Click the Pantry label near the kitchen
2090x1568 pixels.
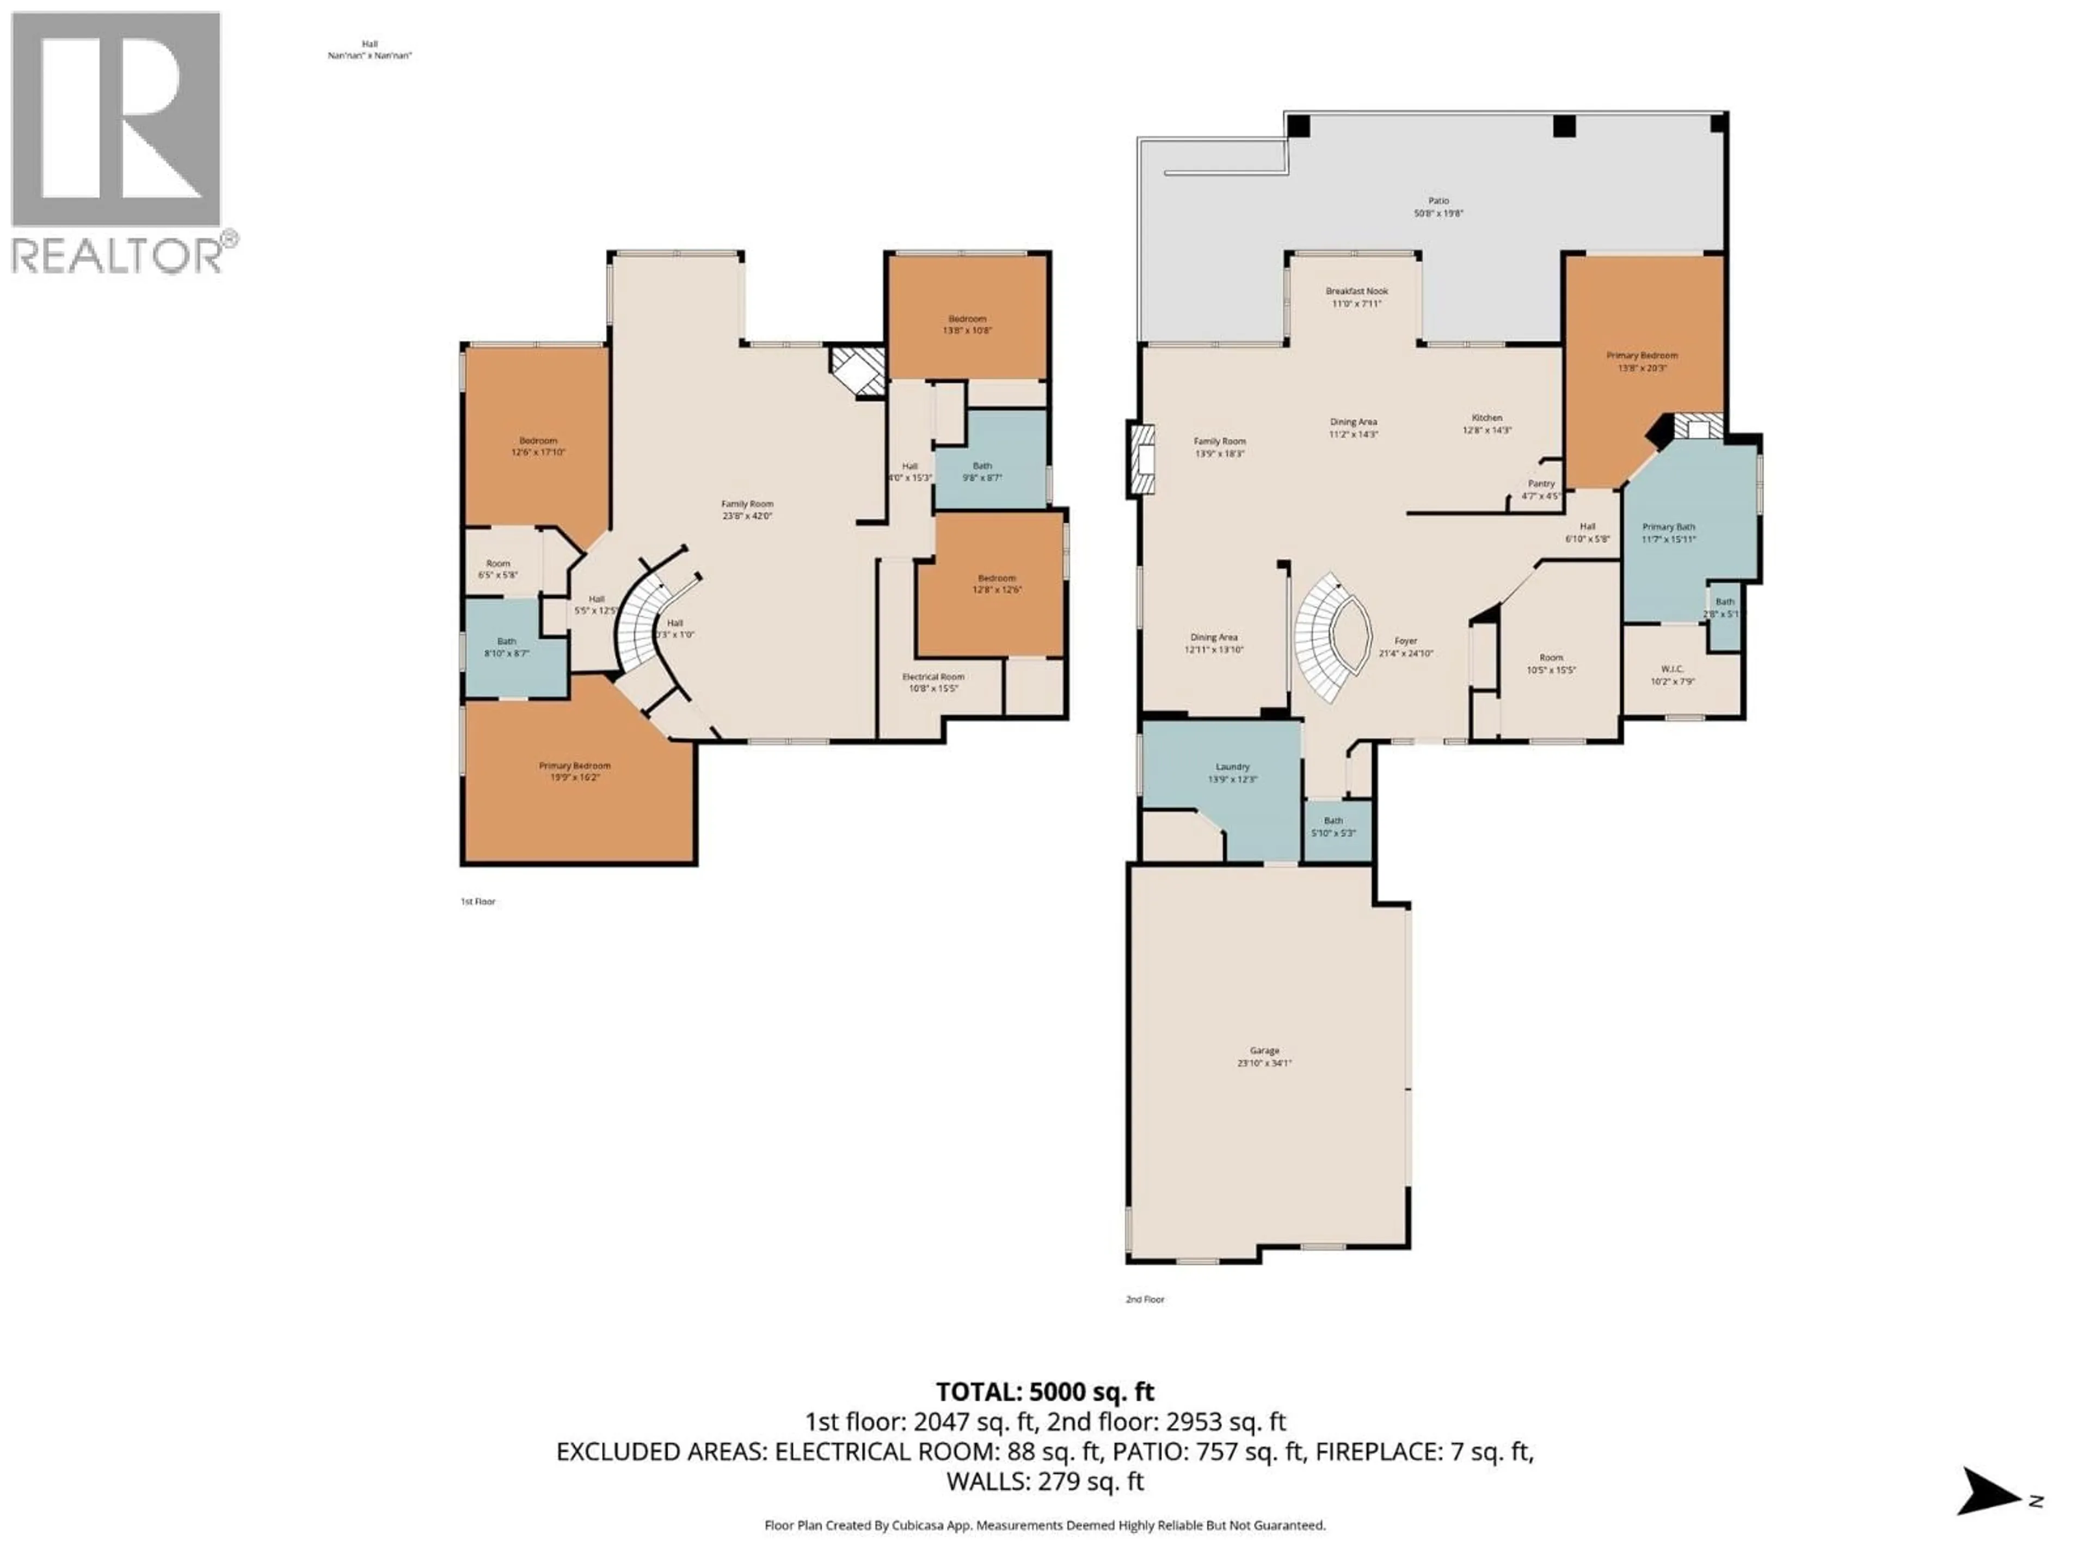coord(1541,489)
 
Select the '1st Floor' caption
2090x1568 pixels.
coord(478,902)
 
